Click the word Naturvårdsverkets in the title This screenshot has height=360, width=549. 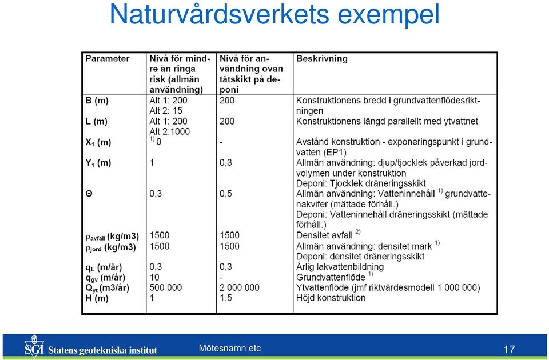(x=220, y=14)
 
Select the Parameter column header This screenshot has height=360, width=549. (x=108, y=58)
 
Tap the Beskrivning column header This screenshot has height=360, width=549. (x=322, y=58)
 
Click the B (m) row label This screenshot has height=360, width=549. (x=97, y=101)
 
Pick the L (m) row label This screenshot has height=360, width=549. (x=96, y=122)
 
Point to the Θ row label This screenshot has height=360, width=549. (x=89, y=194)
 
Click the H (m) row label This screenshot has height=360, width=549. (x=97, y=298)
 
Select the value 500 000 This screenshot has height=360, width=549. (x=166, y=287)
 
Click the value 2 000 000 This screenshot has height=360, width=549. (x=240, y=287)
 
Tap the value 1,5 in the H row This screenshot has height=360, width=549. (x=226, y=298)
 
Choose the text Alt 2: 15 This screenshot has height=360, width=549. (x=166, y=111)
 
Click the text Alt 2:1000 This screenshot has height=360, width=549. (x=169, y=131)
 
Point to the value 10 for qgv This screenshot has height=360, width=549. (x=154, y=278)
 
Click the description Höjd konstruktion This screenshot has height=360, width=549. (x=331, y=298)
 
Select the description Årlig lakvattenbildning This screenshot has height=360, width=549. (x=340, y=267)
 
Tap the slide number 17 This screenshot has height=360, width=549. (x=509, y=349)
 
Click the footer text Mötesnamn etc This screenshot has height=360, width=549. (x=230, y=348)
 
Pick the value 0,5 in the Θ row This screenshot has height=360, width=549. (x=226, y=194)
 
